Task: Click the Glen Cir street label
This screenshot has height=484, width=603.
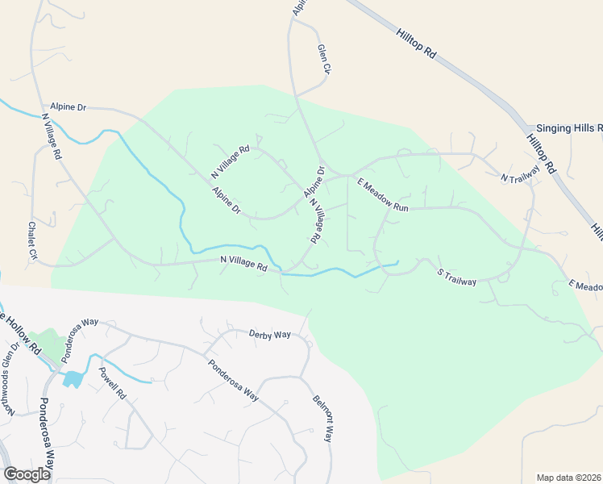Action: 325,59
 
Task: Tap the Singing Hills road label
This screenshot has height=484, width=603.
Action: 569,128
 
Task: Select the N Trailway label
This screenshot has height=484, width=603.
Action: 518,178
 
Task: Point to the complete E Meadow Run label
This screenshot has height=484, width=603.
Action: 385,194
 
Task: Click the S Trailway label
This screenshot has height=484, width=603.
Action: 457,276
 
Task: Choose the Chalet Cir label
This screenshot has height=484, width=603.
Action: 33,242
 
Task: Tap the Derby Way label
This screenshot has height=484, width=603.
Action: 269,334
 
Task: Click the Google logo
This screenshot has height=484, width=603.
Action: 27,474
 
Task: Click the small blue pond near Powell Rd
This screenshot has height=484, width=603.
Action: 73,378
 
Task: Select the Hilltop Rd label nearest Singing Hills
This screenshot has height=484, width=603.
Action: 542,154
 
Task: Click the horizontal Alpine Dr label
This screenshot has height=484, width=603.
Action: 68,106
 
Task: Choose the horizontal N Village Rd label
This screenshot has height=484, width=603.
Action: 243,265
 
